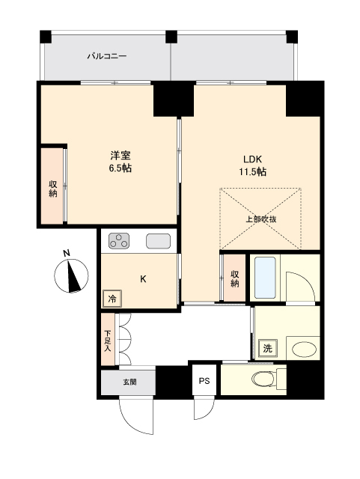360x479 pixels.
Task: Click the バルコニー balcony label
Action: [106, 56]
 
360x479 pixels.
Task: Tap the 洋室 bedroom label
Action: [121, 156]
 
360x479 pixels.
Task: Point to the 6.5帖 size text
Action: [121, 169]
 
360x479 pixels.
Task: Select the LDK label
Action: [252, 159]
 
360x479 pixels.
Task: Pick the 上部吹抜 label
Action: [261, 219]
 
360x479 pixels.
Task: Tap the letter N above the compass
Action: [67, 253]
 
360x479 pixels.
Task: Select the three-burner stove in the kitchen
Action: [120, 240]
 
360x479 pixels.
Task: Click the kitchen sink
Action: [159, 241]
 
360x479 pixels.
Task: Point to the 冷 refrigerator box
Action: [112, 298]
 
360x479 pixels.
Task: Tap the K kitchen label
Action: [143, 279]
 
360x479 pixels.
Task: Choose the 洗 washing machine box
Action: [267, 348]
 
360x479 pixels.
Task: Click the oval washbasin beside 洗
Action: [303, 349]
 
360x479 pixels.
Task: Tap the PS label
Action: [204, 380]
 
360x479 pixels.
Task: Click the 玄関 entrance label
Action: [130, 382]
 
